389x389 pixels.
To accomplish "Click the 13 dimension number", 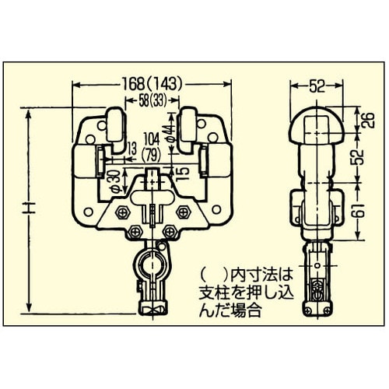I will click(131, 149).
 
